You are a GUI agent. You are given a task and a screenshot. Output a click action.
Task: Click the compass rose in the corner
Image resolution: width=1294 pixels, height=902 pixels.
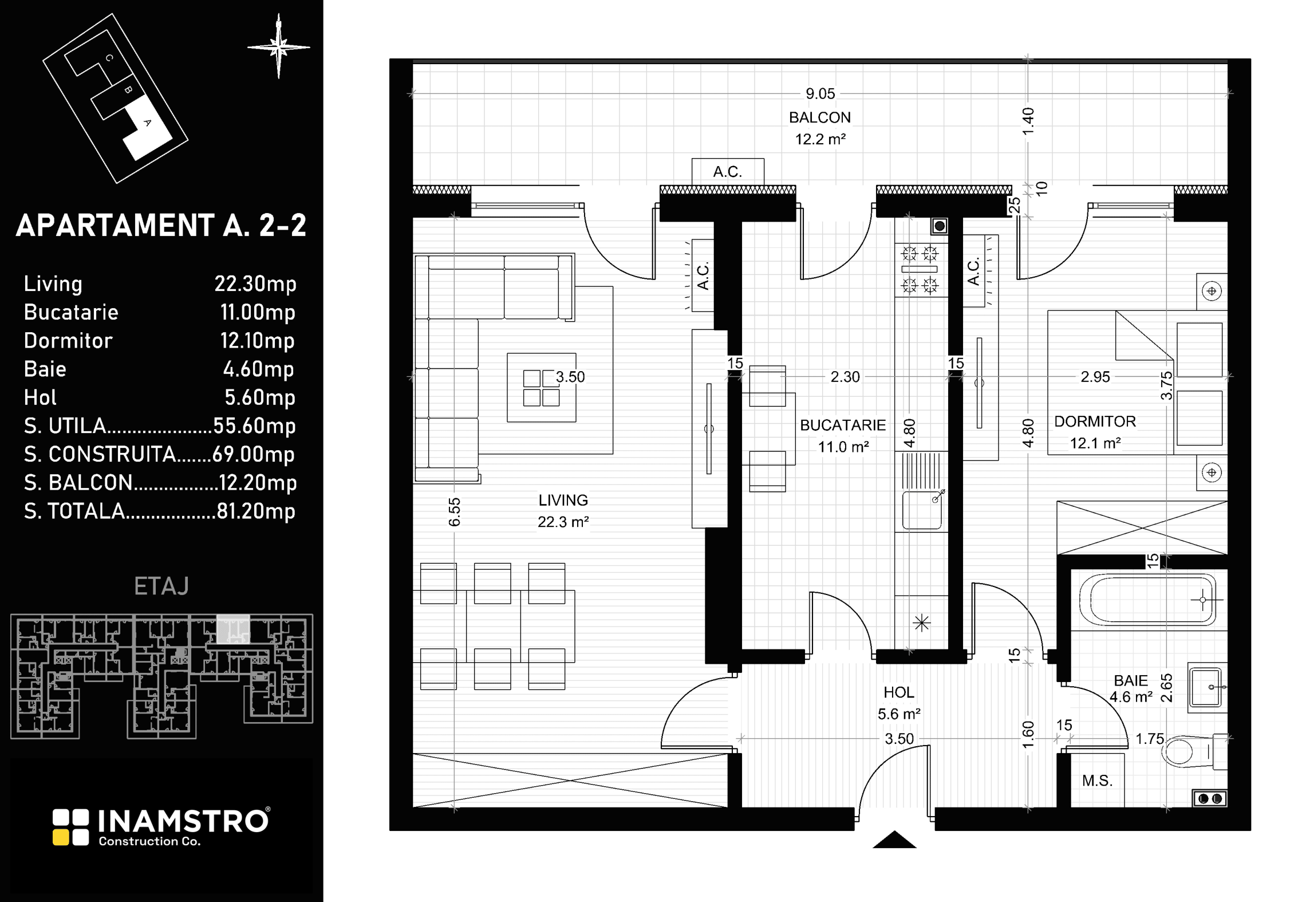point(279,47)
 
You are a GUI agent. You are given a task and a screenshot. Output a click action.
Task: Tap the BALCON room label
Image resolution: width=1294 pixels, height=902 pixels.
point(820,117)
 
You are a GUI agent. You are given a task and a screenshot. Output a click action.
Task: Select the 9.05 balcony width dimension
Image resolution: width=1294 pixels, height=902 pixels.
point(820,93)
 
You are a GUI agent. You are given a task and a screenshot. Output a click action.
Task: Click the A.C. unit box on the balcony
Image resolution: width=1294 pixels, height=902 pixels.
point(728,172)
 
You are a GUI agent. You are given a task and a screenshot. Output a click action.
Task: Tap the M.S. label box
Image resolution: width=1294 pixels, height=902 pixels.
point(1097,780)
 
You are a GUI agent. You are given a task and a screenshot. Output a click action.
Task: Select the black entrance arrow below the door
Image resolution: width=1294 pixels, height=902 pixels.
point(894,840)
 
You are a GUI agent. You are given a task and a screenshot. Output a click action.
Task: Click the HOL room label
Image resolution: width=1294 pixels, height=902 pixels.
point(898,692)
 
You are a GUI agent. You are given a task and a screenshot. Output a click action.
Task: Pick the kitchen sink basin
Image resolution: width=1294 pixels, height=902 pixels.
point(922,510)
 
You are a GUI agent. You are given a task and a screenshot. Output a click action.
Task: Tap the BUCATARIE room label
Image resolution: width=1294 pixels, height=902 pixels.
point(843,425)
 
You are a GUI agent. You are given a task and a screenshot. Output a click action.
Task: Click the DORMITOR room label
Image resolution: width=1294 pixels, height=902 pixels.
point(1095,422)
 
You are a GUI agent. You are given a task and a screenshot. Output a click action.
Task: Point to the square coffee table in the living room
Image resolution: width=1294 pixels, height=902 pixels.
point(541,388)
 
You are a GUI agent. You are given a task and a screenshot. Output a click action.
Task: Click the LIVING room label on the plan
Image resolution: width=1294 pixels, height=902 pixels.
point(563,500)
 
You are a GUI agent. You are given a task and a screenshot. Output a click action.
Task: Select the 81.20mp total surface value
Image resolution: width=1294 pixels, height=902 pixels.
point(256,511)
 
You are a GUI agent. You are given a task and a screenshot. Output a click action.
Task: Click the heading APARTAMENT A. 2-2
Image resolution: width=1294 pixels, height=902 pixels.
point(161,226)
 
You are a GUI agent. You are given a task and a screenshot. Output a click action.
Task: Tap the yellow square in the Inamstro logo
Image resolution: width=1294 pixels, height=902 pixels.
point(60,837)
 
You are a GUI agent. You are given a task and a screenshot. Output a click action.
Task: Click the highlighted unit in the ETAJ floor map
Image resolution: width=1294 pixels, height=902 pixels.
point(233,629)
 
